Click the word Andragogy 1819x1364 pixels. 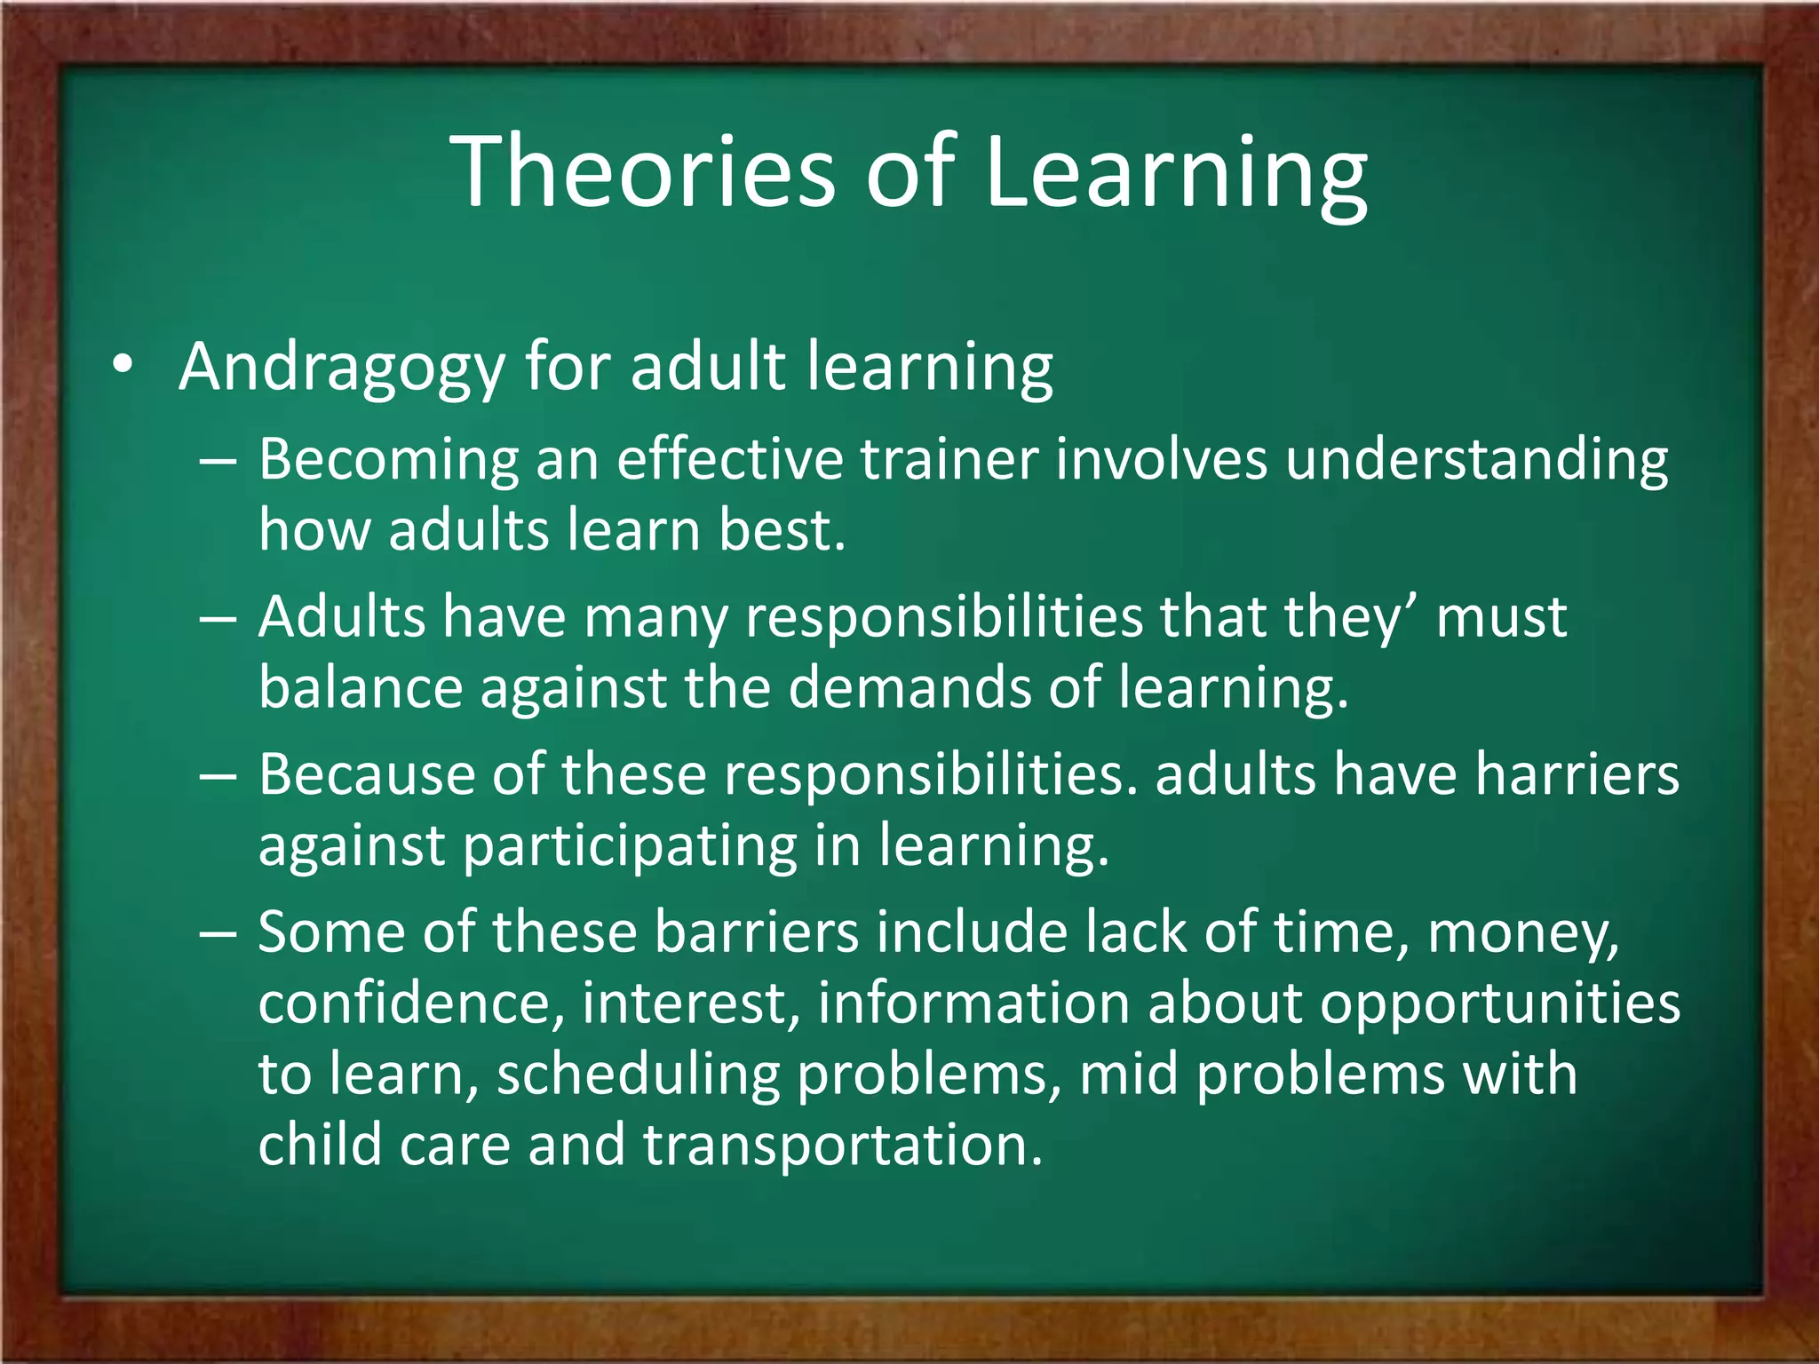click(342, 368)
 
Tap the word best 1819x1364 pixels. click(781, 530)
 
